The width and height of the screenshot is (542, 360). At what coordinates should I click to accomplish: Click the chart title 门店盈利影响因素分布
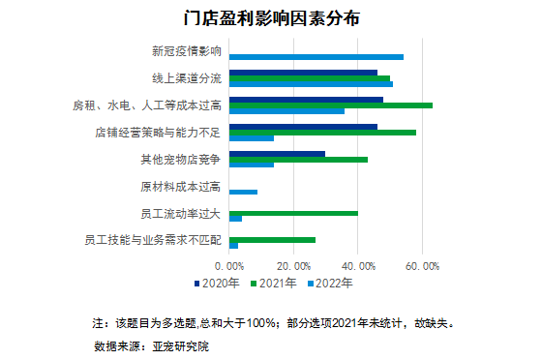pos(270,17)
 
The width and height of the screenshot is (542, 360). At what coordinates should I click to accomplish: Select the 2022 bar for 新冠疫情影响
pos(316,57)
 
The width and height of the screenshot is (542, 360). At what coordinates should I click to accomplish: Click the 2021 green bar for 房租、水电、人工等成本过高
pos(330,105)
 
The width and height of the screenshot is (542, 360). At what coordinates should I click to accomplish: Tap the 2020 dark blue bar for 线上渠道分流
pos(303,72)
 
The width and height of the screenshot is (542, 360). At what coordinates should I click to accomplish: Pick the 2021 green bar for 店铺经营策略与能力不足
pos(322,132)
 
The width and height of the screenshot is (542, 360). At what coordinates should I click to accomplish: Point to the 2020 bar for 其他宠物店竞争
pos(277,152)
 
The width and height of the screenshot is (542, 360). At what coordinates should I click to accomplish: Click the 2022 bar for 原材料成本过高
pos(243,192)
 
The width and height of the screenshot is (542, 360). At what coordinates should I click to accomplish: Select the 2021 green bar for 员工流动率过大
pos(293,212)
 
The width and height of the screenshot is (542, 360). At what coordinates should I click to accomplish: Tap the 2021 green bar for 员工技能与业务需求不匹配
pos(272,239)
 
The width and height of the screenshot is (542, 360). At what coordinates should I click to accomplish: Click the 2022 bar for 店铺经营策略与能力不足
pos(252,138)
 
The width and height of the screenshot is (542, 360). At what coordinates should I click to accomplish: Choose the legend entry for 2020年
pos(222,284)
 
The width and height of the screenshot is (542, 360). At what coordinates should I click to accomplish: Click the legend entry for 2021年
pos(276,284)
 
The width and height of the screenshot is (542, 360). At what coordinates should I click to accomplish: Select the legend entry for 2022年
pos(330,284)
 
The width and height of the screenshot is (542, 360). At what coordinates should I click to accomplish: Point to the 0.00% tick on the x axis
pos(230,264)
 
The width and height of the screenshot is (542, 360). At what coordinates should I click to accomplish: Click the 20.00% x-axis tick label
pos(294,264)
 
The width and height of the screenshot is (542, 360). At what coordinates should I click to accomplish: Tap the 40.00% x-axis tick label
pos(358,264)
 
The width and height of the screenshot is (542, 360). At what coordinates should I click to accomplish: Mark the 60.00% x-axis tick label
pos(422,264)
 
